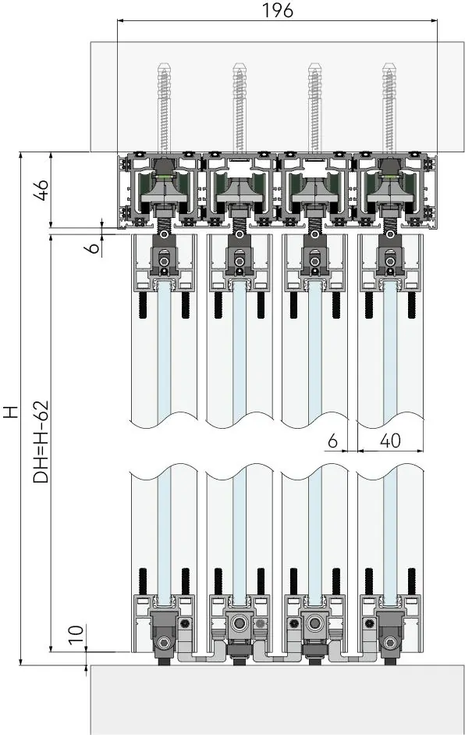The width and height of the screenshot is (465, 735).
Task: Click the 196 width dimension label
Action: pyautogui.click(x=277, y=10)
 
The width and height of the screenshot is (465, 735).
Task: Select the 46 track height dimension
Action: pyautogui.click(x=43, y=190)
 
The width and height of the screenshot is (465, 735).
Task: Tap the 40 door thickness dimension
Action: pyautogui.click(x=390, y=441)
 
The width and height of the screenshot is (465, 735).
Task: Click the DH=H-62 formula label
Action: pyautogui.click(x=41, y=441)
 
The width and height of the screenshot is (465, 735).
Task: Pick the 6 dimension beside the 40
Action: pyautogui.click(x=332, y=441)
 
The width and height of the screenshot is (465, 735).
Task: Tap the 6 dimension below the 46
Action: pyautogui.click(x=94, y=247)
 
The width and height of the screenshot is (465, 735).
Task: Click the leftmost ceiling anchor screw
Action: pyautogui.click(x=165, y=109)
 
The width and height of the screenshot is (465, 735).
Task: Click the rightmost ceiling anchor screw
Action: pyautogui.click(x=389, y=109)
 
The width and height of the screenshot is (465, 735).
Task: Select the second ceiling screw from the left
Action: pyautogui.click(x=240, y=109)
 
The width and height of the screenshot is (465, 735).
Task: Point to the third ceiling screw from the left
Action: pyautogui.click(x=314, y=109)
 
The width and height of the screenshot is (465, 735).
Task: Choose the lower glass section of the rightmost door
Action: pyautogui.click(x=389, y=534)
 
